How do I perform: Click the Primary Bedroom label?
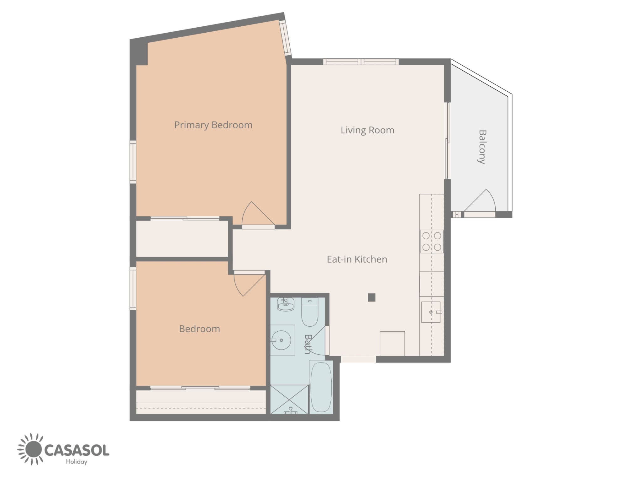tap(213, 125)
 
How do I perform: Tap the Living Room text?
tap(367, 130)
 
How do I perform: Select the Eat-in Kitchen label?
tap(357, 259)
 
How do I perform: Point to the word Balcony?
tap(482, 147)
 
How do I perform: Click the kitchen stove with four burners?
tap(432, 241)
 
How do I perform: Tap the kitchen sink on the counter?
tap(431, 312)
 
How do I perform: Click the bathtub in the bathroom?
tap(321, 388)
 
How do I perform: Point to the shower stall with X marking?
tap(289, 399)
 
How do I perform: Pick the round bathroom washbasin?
tap(281, 340)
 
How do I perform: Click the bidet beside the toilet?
tap(286, 304)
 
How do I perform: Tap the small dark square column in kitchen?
tap(371, 297)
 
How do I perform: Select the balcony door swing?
tap(480, 201)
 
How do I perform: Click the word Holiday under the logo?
tap(76, 462)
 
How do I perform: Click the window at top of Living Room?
tap(361, 62)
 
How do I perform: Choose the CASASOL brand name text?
tap(77, 450)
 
